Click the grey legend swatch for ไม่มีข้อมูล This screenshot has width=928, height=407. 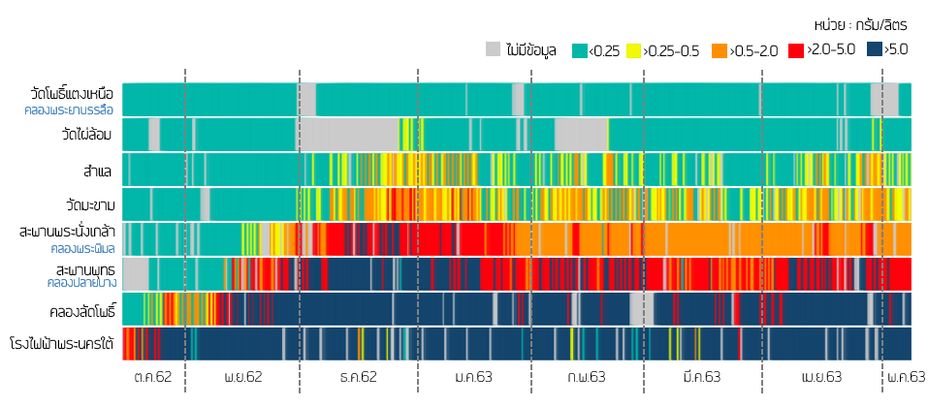click(x=494, y=50)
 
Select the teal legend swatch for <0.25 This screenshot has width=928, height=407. click(x=580, y=50)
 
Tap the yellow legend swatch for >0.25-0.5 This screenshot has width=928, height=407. click(x=634, y=50)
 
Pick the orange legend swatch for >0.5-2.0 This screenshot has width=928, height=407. click(x=719, y=50)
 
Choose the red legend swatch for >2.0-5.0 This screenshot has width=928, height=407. click(x=796, y=50)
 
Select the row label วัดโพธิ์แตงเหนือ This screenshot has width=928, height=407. click(x=72, y=94)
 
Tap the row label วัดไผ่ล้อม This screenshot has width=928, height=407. click(x=88, y=134)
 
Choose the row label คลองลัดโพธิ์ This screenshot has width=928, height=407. click(x=82, y=312)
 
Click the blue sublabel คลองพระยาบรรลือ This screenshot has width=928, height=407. click(x=70, y=110)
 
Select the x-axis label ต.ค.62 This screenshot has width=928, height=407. click(x=153, y=377)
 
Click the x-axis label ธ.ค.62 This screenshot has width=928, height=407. click(x=359, y=377)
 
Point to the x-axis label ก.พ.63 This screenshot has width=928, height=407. click(x=587, y=377)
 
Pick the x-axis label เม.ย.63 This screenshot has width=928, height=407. click(x=821, y=377)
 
